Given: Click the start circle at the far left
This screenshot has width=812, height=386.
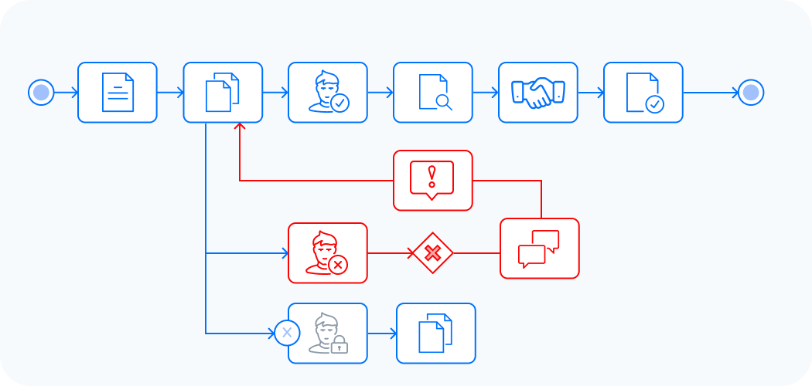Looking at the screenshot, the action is (41, 93).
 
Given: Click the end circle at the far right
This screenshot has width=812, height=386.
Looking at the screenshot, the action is (750, 93).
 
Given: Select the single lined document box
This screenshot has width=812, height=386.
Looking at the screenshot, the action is (118, 93).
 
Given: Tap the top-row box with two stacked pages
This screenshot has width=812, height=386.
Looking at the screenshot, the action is (223, 93).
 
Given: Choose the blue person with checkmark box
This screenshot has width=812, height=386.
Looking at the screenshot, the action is (328, 93).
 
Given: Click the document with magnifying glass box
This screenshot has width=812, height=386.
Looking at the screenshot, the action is (433, 93).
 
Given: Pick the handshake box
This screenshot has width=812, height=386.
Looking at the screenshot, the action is (538, 93).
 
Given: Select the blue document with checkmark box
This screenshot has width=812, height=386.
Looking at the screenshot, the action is (643, 93).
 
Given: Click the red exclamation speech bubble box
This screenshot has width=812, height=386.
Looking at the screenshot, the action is (433, 181).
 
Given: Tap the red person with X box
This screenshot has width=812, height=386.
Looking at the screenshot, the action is (328, 253).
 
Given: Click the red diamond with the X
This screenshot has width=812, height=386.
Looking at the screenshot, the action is (433, 253).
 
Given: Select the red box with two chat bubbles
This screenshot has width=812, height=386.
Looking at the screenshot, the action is (540, 249).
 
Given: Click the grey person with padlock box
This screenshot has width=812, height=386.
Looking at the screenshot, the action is (328, 334).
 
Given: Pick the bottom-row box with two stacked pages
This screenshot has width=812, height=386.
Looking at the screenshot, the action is (436, 334).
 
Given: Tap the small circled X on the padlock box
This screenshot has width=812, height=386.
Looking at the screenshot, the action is (286, 334).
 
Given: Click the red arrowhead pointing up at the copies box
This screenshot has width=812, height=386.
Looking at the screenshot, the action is (240, 127).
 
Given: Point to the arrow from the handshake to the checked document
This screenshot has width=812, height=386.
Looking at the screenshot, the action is (591, 93).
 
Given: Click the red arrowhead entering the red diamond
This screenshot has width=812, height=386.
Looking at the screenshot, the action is (411, 253).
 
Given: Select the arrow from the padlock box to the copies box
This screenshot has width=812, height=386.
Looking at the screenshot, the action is (382, 334).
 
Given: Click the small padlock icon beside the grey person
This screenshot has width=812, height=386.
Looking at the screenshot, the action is (339, 346).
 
